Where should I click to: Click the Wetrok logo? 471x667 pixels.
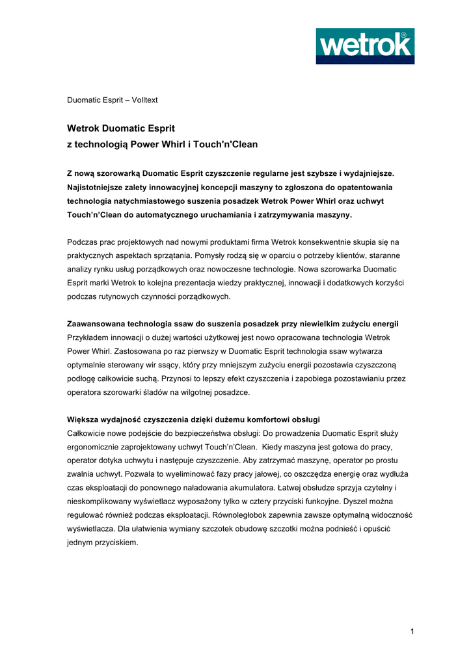tap(365, 46)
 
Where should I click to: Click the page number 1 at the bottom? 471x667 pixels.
tap(412, 631)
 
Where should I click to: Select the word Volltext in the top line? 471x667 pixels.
tap(145, 100)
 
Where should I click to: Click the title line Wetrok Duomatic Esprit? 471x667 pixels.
tap(121, 128)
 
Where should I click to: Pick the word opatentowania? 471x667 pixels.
tap(364, 187)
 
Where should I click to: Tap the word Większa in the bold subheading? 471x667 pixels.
tap(82, 419)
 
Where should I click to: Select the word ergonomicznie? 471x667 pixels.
tap(94, 447)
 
